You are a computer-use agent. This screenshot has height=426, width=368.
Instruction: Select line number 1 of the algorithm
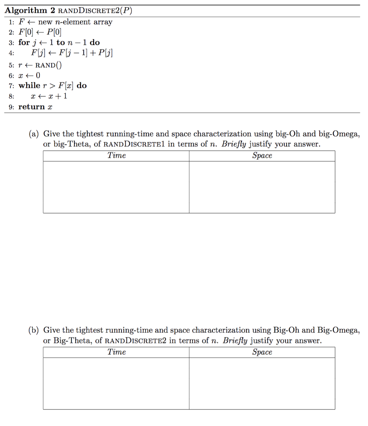[x=10, y=22]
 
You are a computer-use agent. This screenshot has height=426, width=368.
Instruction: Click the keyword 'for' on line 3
[x=24, y=42]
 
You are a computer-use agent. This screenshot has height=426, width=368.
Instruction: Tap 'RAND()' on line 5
[x=49, y=65]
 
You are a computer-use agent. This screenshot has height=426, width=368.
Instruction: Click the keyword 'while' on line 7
[x=29, y=86]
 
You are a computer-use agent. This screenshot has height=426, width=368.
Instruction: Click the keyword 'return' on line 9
[x=31, y=107]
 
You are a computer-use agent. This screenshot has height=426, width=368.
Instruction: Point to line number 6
[x=10, y=75]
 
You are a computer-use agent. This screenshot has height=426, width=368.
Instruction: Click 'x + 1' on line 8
[x=55, y=96]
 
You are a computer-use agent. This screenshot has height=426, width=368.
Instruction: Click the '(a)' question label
[x=34, y=134]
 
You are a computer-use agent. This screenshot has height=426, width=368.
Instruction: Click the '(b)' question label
[x=34, y=330]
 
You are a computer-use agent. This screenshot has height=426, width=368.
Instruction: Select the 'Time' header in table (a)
[x=116, y=156]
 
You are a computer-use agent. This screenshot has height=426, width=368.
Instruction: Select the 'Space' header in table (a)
[x=262, y=156]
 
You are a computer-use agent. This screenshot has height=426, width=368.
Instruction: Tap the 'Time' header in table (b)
[x=116, y=352]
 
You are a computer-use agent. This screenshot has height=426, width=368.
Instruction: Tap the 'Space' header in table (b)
[x=262, y=352]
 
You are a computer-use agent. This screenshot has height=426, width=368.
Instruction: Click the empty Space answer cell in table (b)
[x=262, y=383]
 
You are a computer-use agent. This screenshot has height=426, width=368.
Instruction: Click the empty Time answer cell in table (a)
[x=116, y=187]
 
